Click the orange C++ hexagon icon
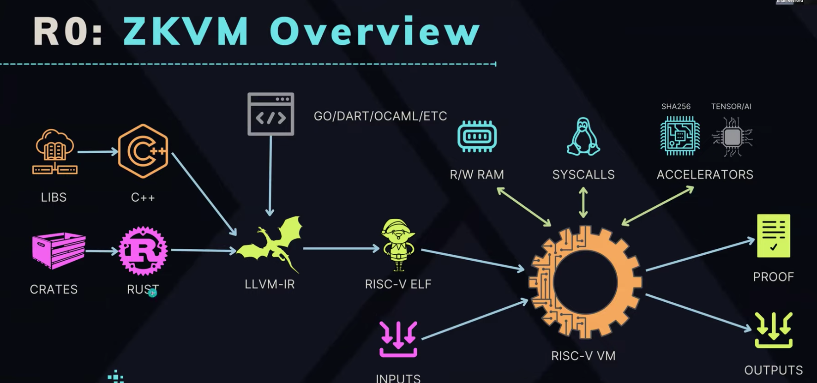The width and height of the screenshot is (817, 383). pyautogui.click(x=143, y=151)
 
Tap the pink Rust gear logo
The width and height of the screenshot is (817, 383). pyautogui.click(x=143, y=251)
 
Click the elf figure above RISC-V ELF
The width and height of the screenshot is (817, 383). pyautogui.click(x=398, y=245)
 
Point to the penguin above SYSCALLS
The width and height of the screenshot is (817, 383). pyautogui.click(x=583, y=137)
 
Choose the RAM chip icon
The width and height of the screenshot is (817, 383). pyautogui.click(x=477, y=137)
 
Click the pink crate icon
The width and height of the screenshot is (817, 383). pyautogui.click(x=58, y=250)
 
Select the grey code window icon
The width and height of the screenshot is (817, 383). pyautogui.click(x=270, y=114)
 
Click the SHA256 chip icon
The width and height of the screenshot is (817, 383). pyautogui.click(x=679, y=136)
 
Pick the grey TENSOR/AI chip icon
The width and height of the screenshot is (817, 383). pyautogui.click(x=732, y=137)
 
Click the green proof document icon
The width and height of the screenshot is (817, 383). pyautogui.click(x=773, y=236)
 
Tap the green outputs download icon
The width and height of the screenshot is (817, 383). pyautogui.click(x=774, y=330)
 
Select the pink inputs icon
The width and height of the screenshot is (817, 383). pyautogui.click(x=398, y=340)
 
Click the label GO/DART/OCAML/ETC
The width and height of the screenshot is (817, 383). pyautogui.click(x=380, y=116)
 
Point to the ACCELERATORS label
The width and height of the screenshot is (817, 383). pyautogui.click(x=705, y=175)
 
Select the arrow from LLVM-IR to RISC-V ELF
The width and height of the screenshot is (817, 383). pyautogui.click(x=341, y=249)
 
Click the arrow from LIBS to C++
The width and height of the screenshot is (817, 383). pyautogui.click(x=97, y=151)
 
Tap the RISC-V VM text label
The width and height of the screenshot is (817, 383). pyautogui.click(x=583, y=356)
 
